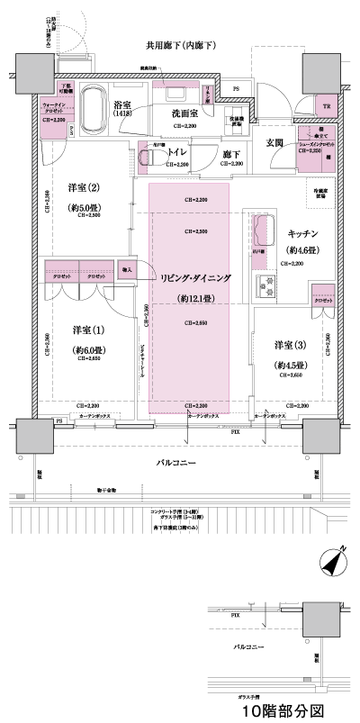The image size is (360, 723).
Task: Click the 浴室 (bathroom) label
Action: pyautogui.click(x=123, y=105)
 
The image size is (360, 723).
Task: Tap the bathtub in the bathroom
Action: pyautogui.click(x=92, y=112)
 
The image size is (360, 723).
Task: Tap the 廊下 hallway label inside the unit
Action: pyautogui.click(x=232, y=154)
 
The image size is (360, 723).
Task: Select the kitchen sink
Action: pyautogui.click(x=265, y=230)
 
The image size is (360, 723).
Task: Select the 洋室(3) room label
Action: pyautogui.click(x=291, y=345)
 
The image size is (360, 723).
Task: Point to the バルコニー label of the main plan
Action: pyautogui.click(x=176, y=462)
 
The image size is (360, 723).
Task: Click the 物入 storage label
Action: pyautogui.click(x=126, y=269)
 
